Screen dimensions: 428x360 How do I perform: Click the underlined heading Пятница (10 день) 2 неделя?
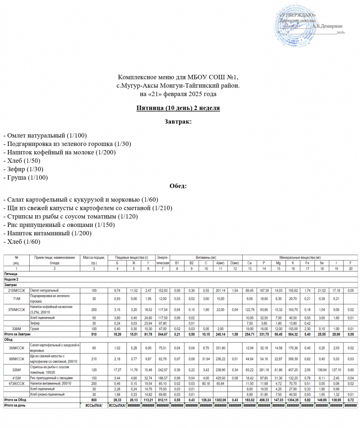(178, 108)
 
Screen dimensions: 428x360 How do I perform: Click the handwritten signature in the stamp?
(291, 26)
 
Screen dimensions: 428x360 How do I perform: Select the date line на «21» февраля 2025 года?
(178, 94)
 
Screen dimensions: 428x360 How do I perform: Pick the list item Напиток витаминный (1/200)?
(47, 233)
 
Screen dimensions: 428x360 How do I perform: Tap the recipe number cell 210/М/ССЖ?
(16, 290)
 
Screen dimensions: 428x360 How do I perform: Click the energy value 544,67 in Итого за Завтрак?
(163, 334)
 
